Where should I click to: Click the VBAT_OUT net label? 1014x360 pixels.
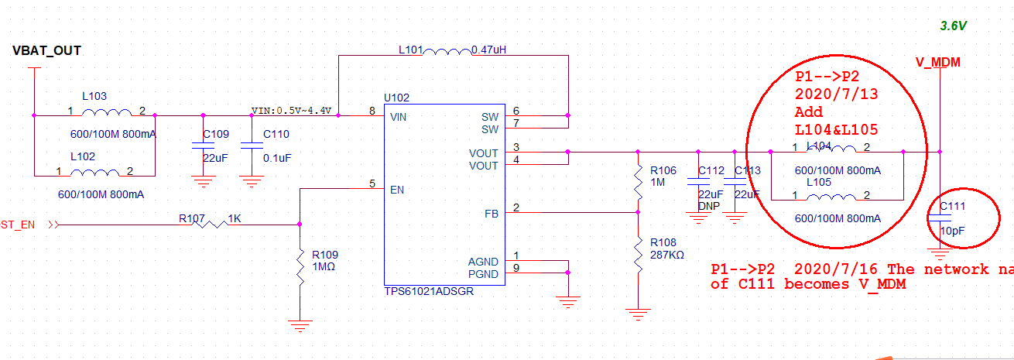[x=47, y=51]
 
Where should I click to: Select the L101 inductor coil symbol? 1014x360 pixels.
[x=447, y=53]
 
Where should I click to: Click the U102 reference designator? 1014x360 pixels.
[x=397, y=98]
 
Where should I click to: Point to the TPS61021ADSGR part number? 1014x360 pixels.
[x=429, y=292]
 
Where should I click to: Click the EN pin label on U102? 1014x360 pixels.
[x=398, y=189]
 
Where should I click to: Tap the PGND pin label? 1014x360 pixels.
[x=484, y=274]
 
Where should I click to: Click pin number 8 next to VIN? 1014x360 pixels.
[x=372, y=111]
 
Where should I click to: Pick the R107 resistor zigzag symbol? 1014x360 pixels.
[x=214, y=225]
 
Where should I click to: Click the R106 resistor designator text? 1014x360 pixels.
[x=663, y=170]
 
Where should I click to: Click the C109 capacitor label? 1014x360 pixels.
[x=216, y=134]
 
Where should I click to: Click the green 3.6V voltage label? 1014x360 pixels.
[x=953, y=26]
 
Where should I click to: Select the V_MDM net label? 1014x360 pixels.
[x=937, y=62]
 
